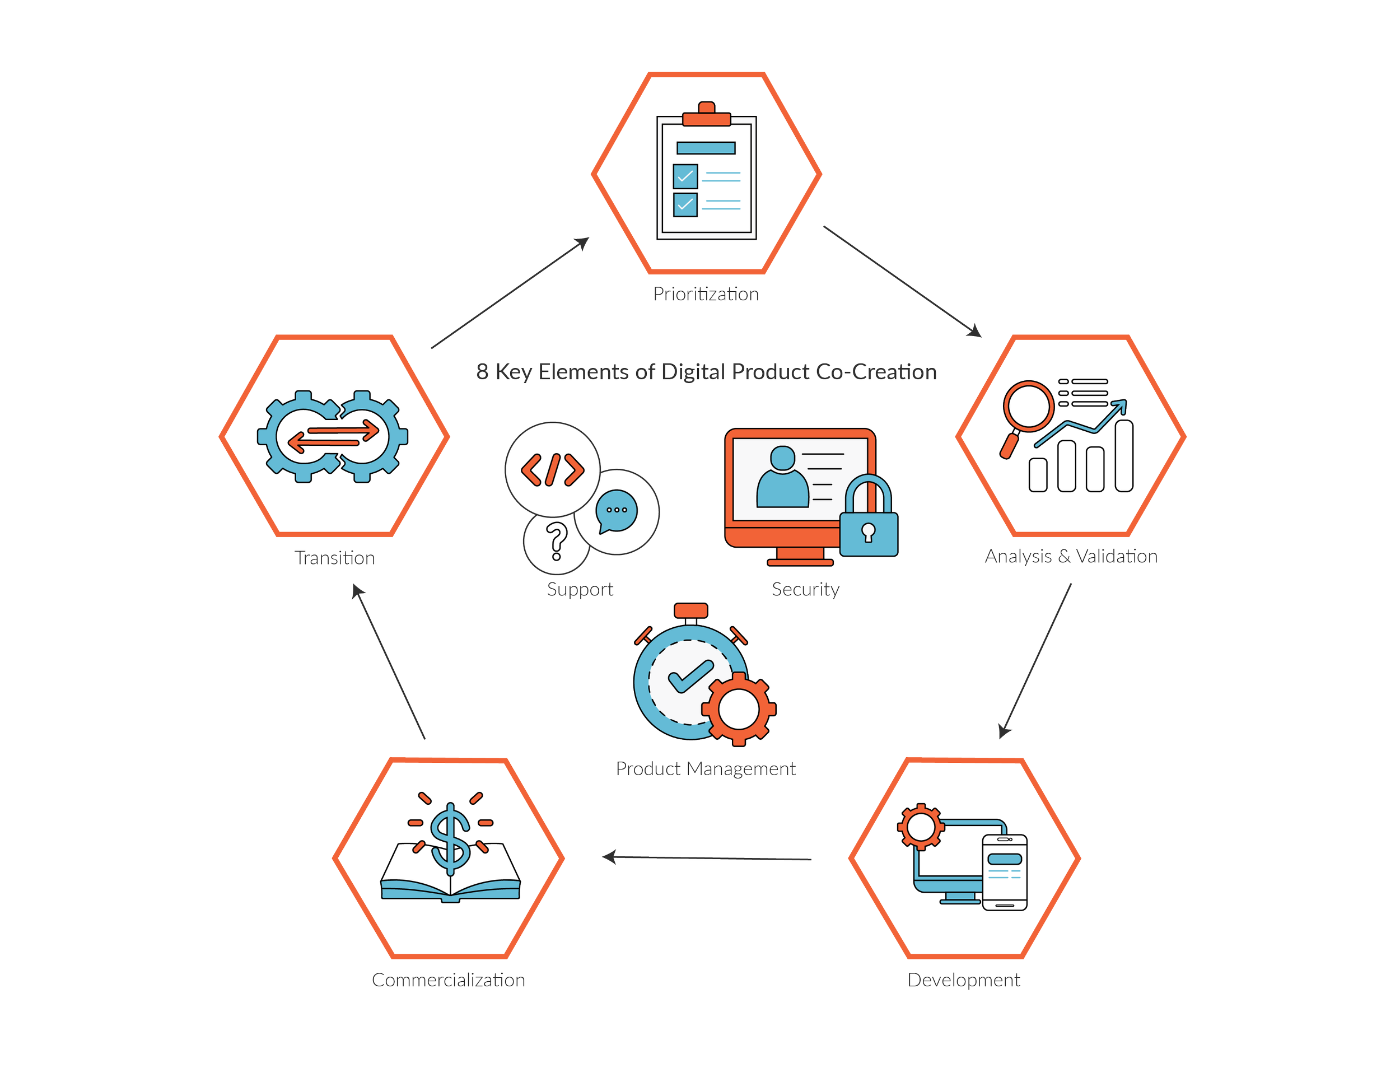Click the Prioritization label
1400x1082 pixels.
pyautogui.click(x=706, y=294)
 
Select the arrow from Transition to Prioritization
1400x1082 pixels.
pyautogui.click(x=510, y=292)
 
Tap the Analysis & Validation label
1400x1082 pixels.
pyautogui.click(x=1071, y=556)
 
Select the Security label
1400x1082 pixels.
pyautogui.click(x=805, y=589)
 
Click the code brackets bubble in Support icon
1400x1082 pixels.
pyautogui.click(x=552, y=469)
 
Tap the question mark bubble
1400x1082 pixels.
pyautogui.click(x=556, y=542)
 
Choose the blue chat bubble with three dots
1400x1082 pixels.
pyautogui.click(x=616, y=511)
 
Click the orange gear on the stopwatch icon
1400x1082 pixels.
pyautogui.click(x=739, y=708)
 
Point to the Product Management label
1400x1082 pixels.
pyautogui.click(x=706, y=768)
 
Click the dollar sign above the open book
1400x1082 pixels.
pyautogui.click(x=451, y=837)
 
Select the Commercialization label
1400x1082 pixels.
pyautogui.click(x=449, y=980)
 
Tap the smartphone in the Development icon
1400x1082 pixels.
pyautogui.click(x=1005, y=872)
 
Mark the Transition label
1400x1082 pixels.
pyautogui.click(x=335, y=558)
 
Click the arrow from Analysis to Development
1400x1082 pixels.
pyautogui.click(x=1035, y=660)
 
